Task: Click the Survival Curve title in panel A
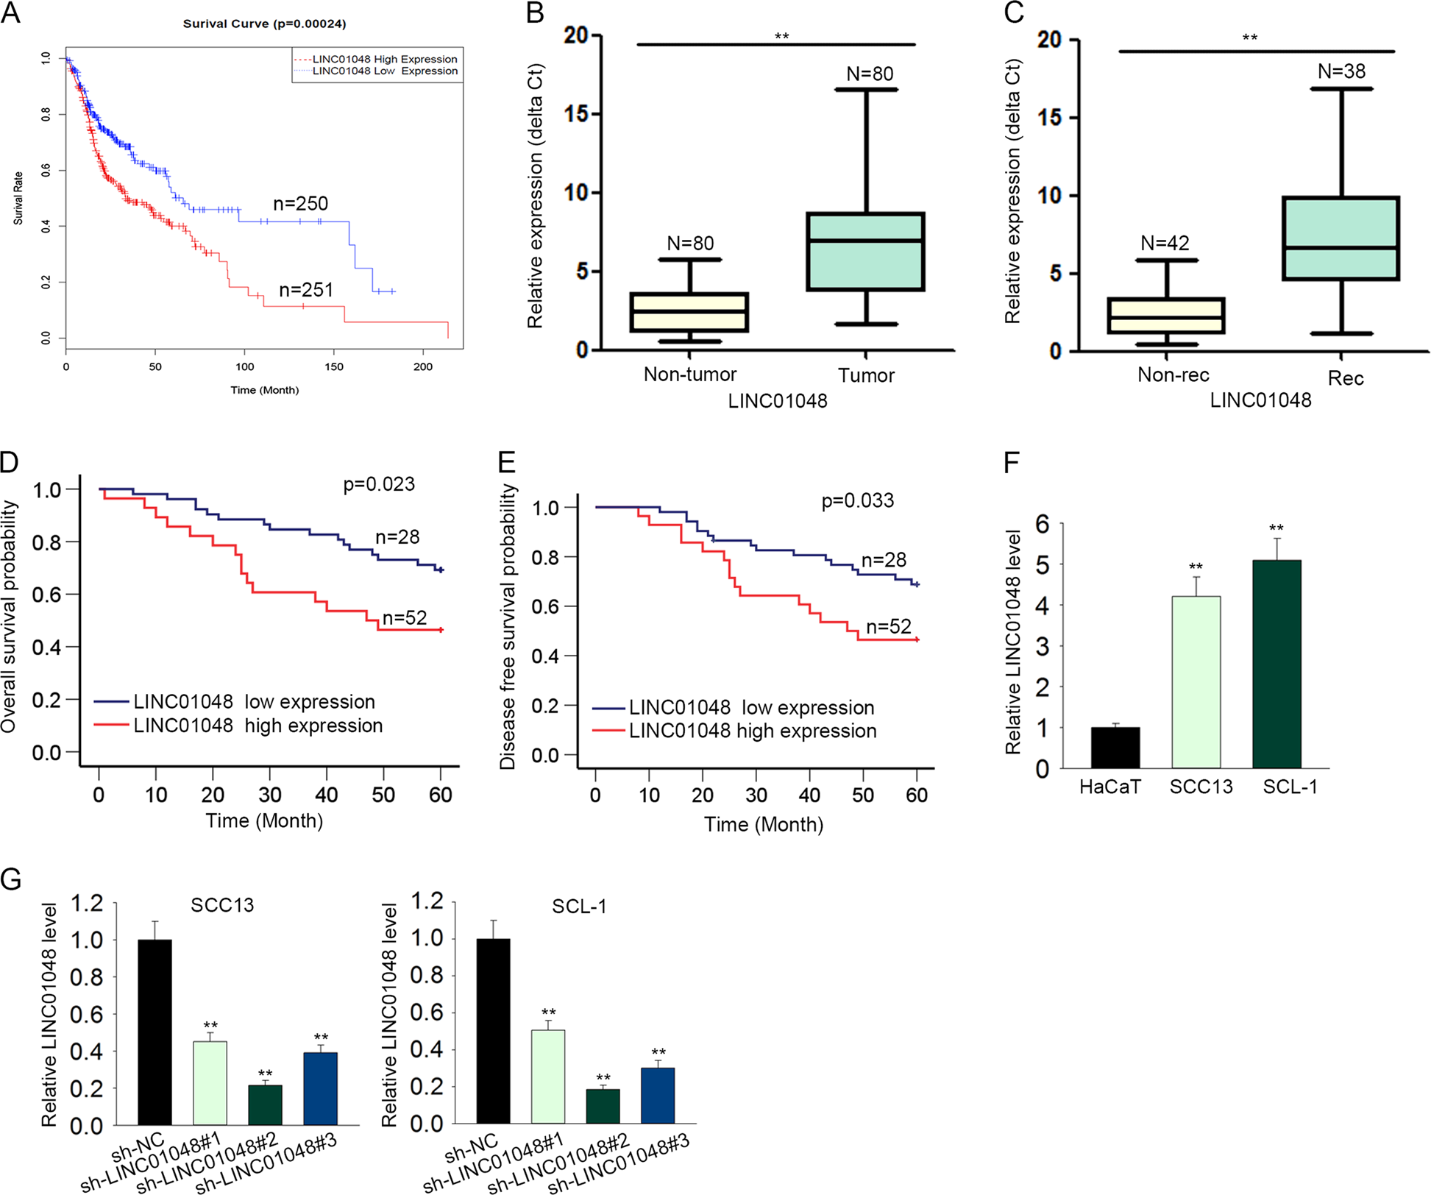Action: (x=264, y=24)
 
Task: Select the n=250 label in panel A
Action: (x=300, y=204)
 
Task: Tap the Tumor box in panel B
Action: (x=865, y=252)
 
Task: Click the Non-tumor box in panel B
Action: (x=689, y=312)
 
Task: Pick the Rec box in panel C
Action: (x=1341, y=238)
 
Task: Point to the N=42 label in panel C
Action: (x=1165, y=243)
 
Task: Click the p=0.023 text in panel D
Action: (x=379, y=484)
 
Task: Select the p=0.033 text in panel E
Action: (x=857, y=501)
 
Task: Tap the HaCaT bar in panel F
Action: (x=1115, y=748)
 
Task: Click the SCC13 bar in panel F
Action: (x=1196, y=682)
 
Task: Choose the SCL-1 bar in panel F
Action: (x=1276, y=664)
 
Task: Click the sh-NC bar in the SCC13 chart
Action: (x=155, y=1032)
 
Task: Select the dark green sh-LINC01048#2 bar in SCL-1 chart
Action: (x=603, y=1106)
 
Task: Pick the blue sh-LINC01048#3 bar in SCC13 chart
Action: (x=320, y=1088)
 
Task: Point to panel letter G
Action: (x=11, y=879)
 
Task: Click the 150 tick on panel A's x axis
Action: (x=334, y=366)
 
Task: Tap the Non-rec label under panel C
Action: (x=1173, y=375)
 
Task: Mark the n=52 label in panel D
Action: (x=404, y=618)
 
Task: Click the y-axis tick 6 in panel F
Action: (x=1042, y=524)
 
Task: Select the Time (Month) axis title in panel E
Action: (x=763, y=824)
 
